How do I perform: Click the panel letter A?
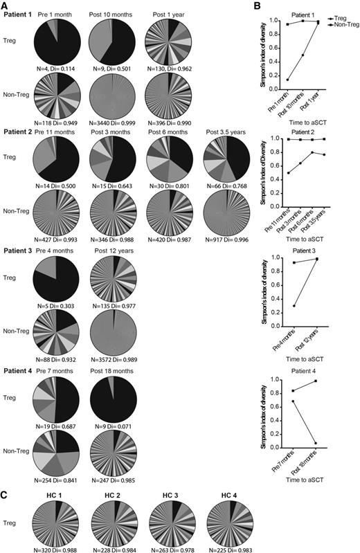(x=6, y=6)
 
